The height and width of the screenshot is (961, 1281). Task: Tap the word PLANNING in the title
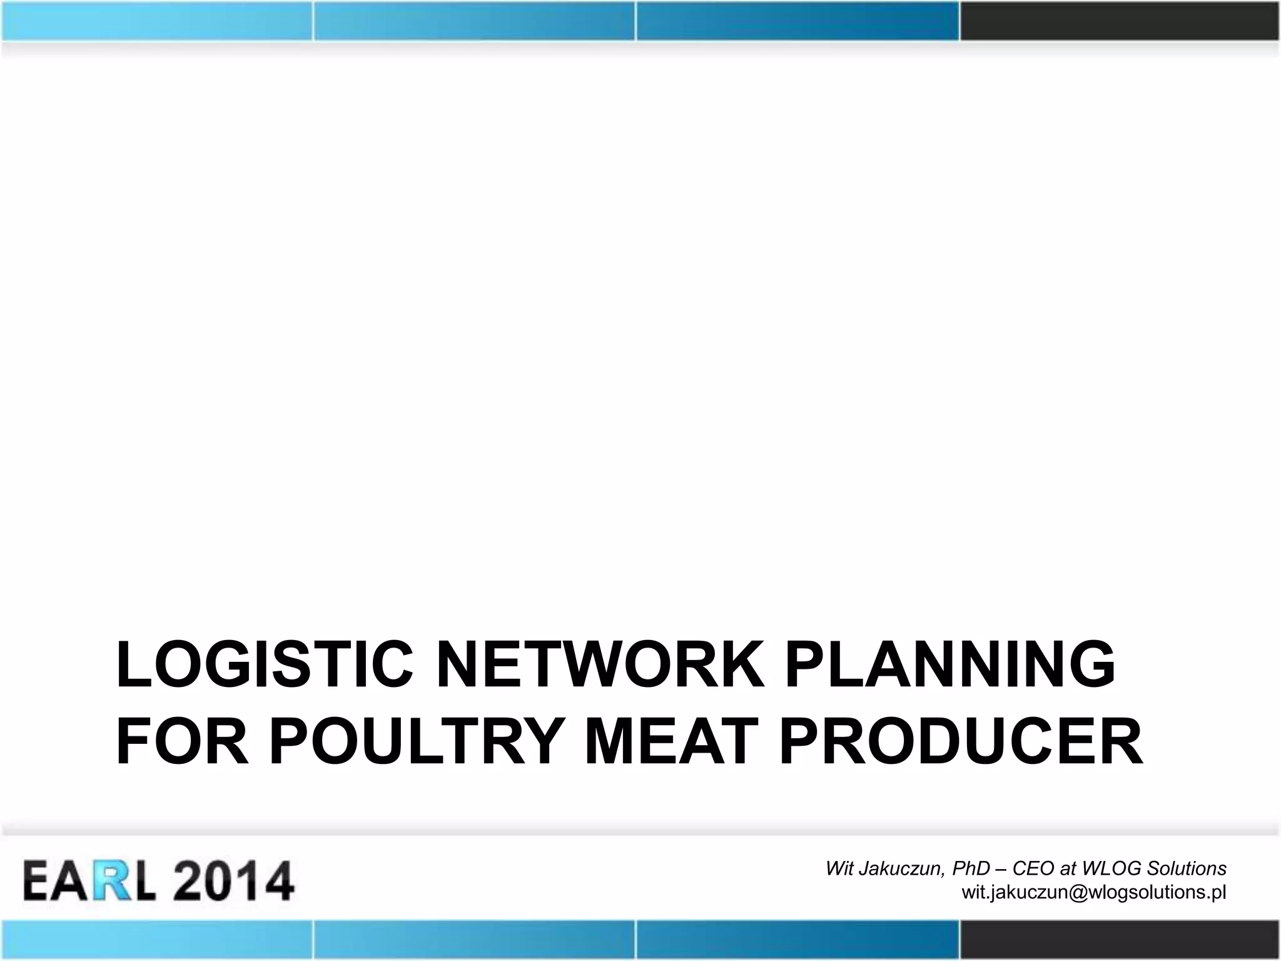pos(950,665)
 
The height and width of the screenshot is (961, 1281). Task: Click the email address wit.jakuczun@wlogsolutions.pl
pos(1093,892)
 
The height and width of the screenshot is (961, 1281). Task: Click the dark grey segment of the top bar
pos(1120,20)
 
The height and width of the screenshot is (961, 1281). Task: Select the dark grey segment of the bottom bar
pos(1120,940)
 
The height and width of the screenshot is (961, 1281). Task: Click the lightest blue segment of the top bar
pos(156,20)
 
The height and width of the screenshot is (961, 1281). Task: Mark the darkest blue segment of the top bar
pos(797,20)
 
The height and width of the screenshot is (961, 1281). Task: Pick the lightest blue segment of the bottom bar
pos(156,940)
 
